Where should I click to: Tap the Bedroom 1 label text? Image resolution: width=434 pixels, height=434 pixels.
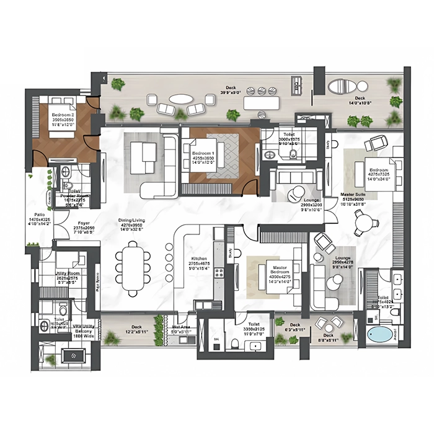(x=203, y=153)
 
